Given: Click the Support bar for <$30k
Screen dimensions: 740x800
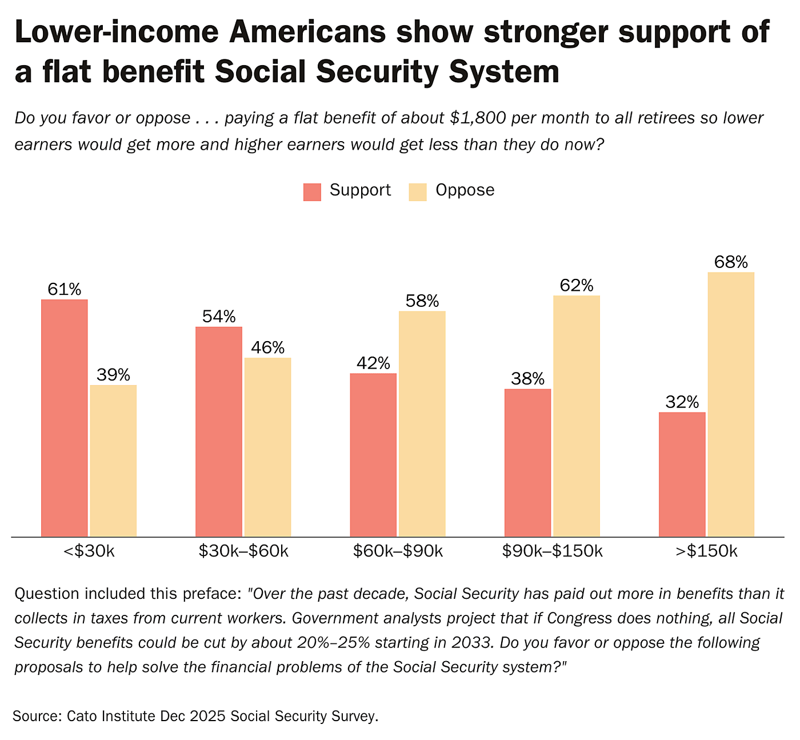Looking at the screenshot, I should (x=65, y=418).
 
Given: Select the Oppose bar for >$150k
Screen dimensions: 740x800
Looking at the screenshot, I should (x=731, y=404).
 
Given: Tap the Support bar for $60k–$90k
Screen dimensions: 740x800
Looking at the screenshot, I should (x=373, y=455).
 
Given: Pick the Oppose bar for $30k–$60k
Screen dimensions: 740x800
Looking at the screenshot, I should (x=267, y=447).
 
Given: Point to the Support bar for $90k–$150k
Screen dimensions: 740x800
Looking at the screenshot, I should (x=527, y=463).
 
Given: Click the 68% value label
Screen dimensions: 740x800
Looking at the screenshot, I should (x=731, y=262).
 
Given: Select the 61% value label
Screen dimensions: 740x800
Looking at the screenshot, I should (x=65, y=290).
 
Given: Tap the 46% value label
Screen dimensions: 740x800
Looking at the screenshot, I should (x=267, y=348).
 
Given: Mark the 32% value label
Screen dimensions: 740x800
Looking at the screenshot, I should (x=682, y=402).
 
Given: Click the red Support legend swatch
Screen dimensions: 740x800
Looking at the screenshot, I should (x=312, y=191).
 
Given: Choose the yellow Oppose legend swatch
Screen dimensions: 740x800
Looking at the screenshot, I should (x=418, y=191).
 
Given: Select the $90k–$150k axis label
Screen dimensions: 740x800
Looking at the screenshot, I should (x=552, y=551).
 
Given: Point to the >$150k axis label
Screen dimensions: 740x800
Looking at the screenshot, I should (x=706, y=551).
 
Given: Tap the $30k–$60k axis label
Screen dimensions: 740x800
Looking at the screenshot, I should (x=243, y=551).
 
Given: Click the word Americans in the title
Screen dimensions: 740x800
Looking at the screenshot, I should (x=306, y=33).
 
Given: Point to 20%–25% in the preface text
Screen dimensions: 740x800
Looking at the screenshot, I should (x=333, y=642).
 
